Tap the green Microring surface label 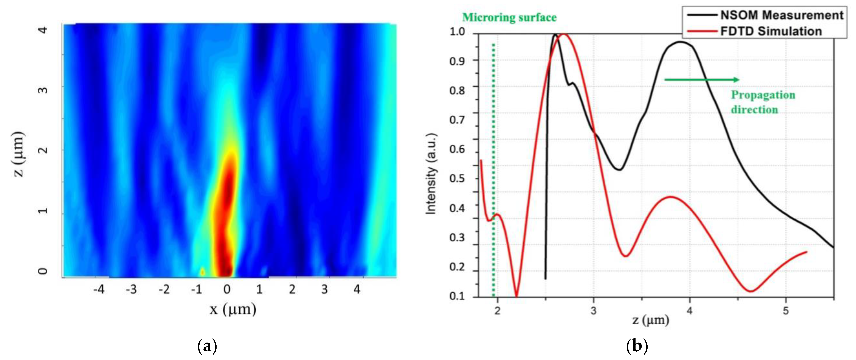click(509, 17)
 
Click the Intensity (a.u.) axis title click(431, 174)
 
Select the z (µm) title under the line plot click(650, 320)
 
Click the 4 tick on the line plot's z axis click(690, 311)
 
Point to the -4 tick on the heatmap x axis click(98, 290)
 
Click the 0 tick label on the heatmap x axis click(227, 290)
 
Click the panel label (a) click(207, 346)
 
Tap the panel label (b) click(637, 346)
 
